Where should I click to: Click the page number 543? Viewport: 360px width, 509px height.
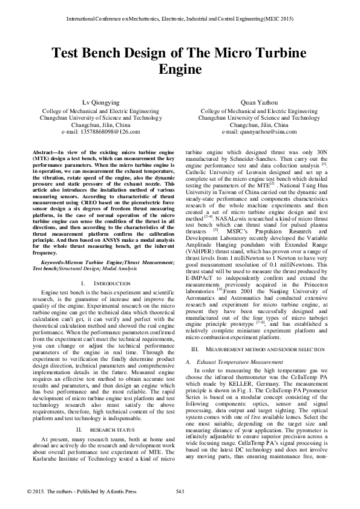(179, 490)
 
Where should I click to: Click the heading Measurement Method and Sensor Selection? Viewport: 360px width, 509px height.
(262, 350)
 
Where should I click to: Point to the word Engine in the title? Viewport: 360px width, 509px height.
(179, 70)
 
